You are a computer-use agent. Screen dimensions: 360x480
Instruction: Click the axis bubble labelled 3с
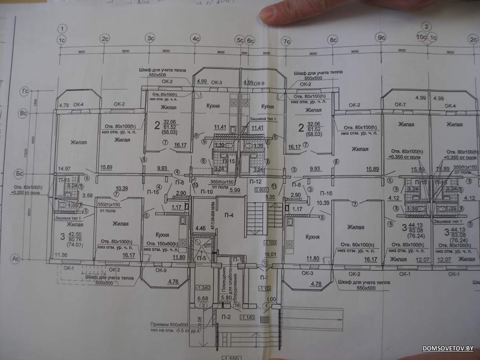pyautogui.click(x=150, y=39)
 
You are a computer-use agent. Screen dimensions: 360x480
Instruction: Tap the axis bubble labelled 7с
pyautogui.click(x=286, y=41)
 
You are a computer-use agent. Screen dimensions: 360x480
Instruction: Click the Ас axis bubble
pyautogui.click(x=15, y=258)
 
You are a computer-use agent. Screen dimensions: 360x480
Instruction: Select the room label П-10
pyautogui.click(x=206, y=192)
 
